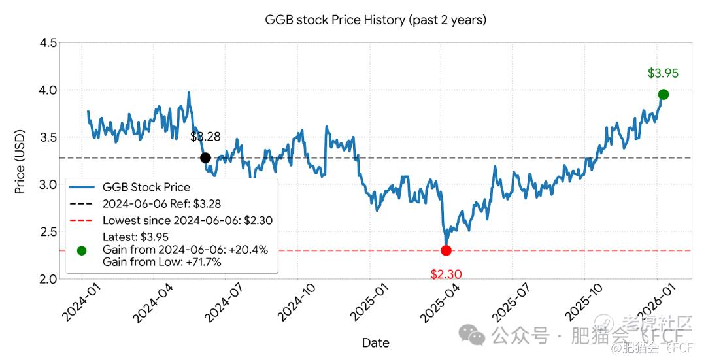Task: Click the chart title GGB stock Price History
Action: click(x=375, y=20)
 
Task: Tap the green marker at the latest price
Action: click(x=663, y=95)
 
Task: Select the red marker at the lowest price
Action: click(x=446, y=250)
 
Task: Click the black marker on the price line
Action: click(x=205, y=157)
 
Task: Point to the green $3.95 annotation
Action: click(x=663, y=73)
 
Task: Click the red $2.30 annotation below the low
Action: click(x=446, y=274)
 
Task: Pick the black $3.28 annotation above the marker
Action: click(x=205, y=137)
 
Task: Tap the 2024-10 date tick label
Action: click(x=296, y=305)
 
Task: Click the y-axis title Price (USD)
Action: click(x=20, y=161)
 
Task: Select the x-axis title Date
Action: click(x=375, y=343)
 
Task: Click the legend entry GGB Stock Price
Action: click(x=146, y=187)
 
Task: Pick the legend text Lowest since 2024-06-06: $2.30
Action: click(x=187, y=221)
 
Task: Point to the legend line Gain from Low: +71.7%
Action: click(x=161, y=262)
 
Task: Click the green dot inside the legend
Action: click(x=82, y=250)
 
